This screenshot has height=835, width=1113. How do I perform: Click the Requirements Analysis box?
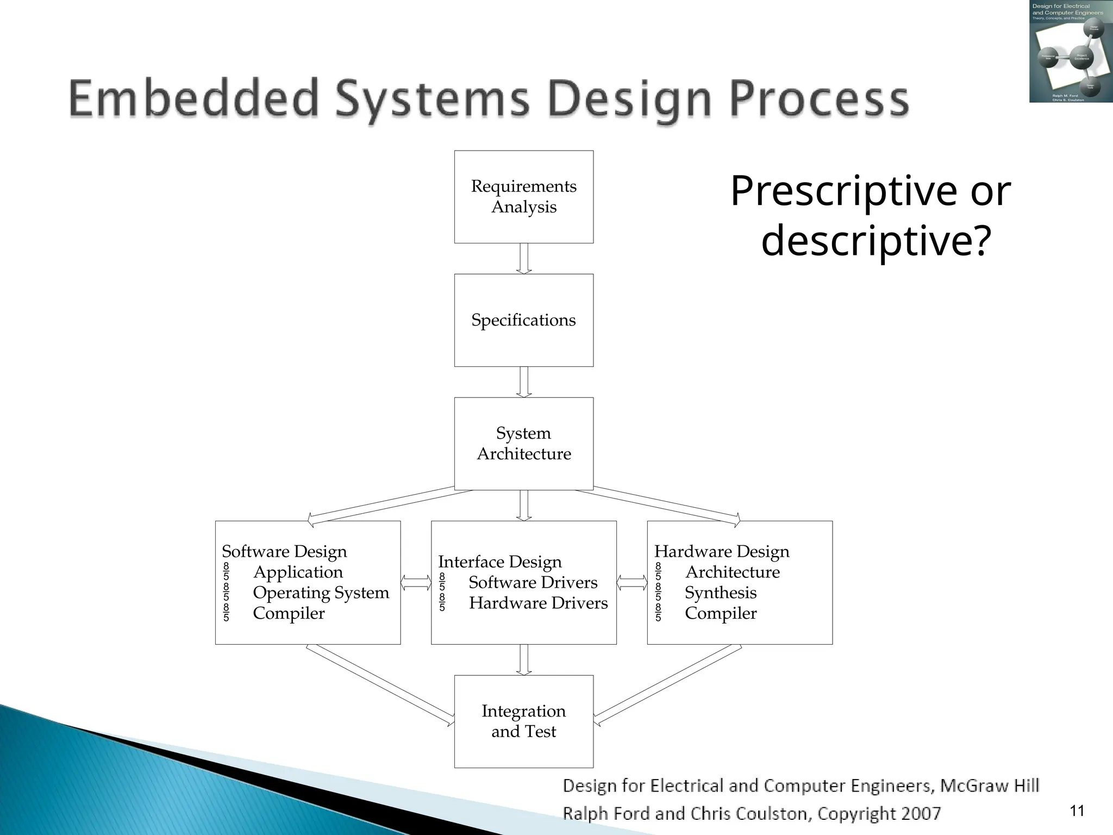(523, 197)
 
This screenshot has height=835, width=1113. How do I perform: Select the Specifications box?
(523, 320)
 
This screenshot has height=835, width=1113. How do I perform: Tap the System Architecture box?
(523, 444)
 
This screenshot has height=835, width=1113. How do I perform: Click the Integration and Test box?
(523, 721)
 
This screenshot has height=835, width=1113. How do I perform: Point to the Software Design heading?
(284, 551)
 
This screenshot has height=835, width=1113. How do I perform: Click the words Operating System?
(321, 593)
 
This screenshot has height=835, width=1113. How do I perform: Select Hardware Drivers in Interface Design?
(538, 603)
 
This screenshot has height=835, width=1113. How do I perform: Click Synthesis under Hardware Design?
(720, 593)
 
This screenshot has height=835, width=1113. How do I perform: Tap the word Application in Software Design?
(298, 572)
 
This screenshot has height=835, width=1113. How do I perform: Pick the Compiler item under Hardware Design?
(720, 613)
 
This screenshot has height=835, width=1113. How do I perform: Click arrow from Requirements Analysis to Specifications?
(523, 259)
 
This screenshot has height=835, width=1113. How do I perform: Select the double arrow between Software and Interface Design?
(416, 583)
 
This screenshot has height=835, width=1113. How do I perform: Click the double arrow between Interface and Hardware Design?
(631, 583)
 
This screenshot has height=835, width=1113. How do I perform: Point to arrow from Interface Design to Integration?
(523, 660)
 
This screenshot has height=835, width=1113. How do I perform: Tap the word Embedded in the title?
(193, 98)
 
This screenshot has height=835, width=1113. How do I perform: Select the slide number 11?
(1077, 811)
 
